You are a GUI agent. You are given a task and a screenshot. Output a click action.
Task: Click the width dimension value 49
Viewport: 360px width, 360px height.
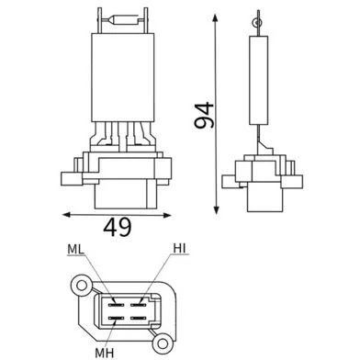(x=118, y=228)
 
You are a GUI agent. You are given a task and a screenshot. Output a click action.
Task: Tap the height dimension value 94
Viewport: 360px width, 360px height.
(x=204, y=115)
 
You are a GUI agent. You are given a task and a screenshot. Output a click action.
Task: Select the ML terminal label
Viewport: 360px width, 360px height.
(x=75, y=250)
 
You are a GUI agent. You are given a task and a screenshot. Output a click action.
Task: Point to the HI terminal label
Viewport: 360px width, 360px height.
(x=179, y=249)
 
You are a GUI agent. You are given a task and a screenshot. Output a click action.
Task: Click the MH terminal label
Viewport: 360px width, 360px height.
(x=105, y=353)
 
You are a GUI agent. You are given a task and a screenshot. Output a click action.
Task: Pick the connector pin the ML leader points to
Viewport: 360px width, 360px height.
(x=116, y=305)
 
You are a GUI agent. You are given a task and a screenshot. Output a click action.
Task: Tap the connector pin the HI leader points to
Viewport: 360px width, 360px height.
(x=138, y=305)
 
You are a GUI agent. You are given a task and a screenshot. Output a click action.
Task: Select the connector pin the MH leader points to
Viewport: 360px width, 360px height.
(x=116, y=319)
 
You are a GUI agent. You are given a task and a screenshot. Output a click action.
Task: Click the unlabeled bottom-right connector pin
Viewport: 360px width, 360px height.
(x=138, y=319)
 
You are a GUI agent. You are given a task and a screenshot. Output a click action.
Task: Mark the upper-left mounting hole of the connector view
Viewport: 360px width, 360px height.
(x=82, y=286)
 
